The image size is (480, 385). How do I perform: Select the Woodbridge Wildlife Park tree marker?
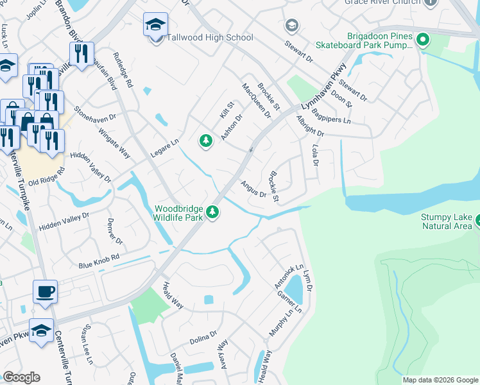tap(212, 212)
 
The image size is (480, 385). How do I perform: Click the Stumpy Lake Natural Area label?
tap(446, 221)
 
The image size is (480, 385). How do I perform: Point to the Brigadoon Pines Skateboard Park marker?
tap(422, 42)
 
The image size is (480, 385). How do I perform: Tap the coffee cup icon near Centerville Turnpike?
tap(45, 292)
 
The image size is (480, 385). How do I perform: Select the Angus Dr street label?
tap(253, 189)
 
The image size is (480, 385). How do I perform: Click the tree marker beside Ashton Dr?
tap(205, 141)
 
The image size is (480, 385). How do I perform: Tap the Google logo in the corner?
tap(21, 377)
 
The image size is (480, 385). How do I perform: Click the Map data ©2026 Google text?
tap(440, 380)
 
